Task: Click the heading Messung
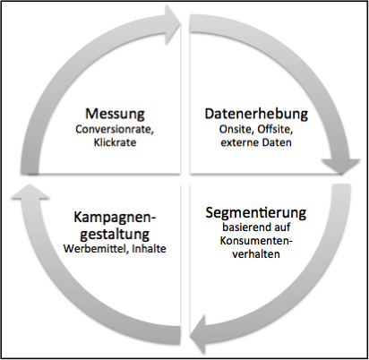pyautogui.click(x=115, y=115)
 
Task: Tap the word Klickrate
pyautogui.click(x=115, y=142)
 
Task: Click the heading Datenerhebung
pyautogui.click(x=256, y=115)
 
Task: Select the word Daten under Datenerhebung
pyautogui.click(x=277, y=142)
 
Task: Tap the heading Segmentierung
pyautogui.click(x=256, y=213)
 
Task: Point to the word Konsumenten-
pyautogui.click(x=256, y=241)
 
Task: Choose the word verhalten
pyautogui.click(x=256, y=254)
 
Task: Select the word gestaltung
pyautogui.click(x=115, y=235)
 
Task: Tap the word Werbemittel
pyautogui.click(x=96, y=249)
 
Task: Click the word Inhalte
pyautogui.click(x=149, y=249)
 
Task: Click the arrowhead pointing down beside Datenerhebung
pyautogui.click(x=340, y=167)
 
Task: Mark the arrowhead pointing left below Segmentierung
pyautogui.click(x=198, y=332)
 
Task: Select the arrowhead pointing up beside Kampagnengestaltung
pyautogui.click(x=29, y=191)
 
